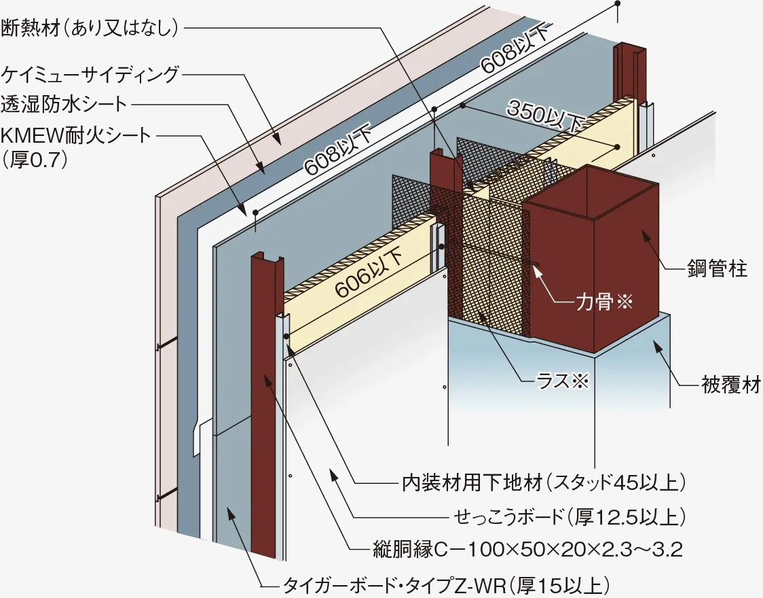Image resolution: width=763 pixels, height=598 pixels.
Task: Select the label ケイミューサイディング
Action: tap(91, 73)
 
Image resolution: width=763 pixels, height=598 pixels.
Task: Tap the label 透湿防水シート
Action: tap(64, 104)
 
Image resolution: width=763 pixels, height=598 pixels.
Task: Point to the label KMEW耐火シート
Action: tap(76, 135)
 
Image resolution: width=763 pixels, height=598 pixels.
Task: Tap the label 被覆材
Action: tap(730, 387)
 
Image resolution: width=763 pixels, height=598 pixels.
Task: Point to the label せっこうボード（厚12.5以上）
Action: tap(567, 516)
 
